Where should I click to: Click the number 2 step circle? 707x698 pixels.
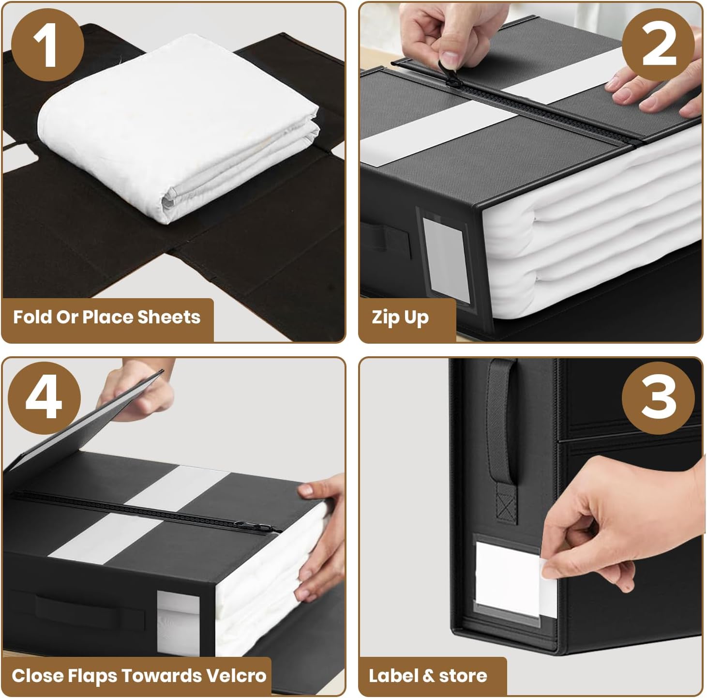[658, 45]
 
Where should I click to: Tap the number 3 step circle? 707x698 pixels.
[658, 397]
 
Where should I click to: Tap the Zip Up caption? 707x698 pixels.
[400, 318]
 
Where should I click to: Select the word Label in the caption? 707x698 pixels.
[389, 675]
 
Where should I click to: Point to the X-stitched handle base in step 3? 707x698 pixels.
[506, 508]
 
